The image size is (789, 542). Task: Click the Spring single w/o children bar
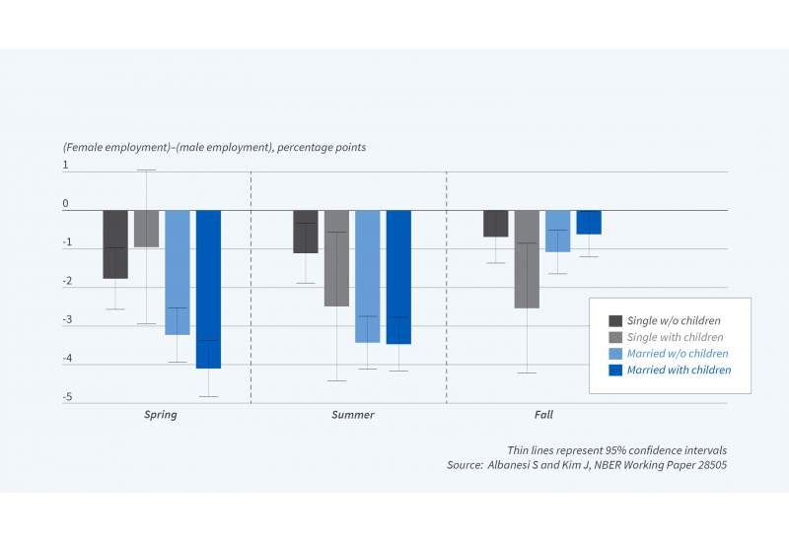(115, 243)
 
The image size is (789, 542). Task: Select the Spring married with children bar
(208, 289)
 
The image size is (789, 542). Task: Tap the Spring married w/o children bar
(178, 272)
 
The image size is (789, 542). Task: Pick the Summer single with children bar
(336, 257)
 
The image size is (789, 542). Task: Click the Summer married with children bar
(398, 276)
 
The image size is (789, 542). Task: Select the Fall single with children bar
(526, 258)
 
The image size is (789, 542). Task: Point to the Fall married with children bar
(589, 222)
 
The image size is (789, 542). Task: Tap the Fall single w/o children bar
(495, 223)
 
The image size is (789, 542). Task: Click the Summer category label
(352, 415)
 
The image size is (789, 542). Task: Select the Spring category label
(160, 415)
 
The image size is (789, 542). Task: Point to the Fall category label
(542, 415)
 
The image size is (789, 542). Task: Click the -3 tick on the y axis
(66, 320)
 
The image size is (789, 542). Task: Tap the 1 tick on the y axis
(66, 166)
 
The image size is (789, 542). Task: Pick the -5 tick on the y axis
(66, 397)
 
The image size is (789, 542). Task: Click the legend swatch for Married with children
(615, 371)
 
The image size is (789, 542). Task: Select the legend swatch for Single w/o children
(615, 321)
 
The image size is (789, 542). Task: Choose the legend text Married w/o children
(678, 354)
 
